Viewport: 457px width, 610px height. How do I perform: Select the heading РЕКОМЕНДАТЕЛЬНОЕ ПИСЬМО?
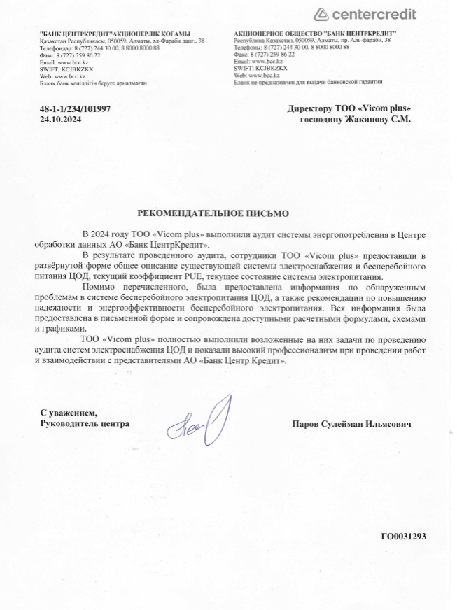tap(213, 211)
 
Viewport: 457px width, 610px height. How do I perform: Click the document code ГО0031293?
tap(403, 537)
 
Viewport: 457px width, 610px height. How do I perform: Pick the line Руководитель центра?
tap(85, 424)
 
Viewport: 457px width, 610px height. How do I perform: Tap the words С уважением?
tap(69, 413)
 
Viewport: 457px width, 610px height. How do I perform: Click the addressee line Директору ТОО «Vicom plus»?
tap(349, 108)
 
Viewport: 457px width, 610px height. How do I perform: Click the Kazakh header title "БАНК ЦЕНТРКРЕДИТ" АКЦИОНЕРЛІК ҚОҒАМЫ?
tap(115, 34)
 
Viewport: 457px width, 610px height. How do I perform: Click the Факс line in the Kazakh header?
tap(69, 55)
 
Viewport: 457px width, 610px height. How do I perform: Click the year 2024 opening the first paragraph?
tap(104, 233)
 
